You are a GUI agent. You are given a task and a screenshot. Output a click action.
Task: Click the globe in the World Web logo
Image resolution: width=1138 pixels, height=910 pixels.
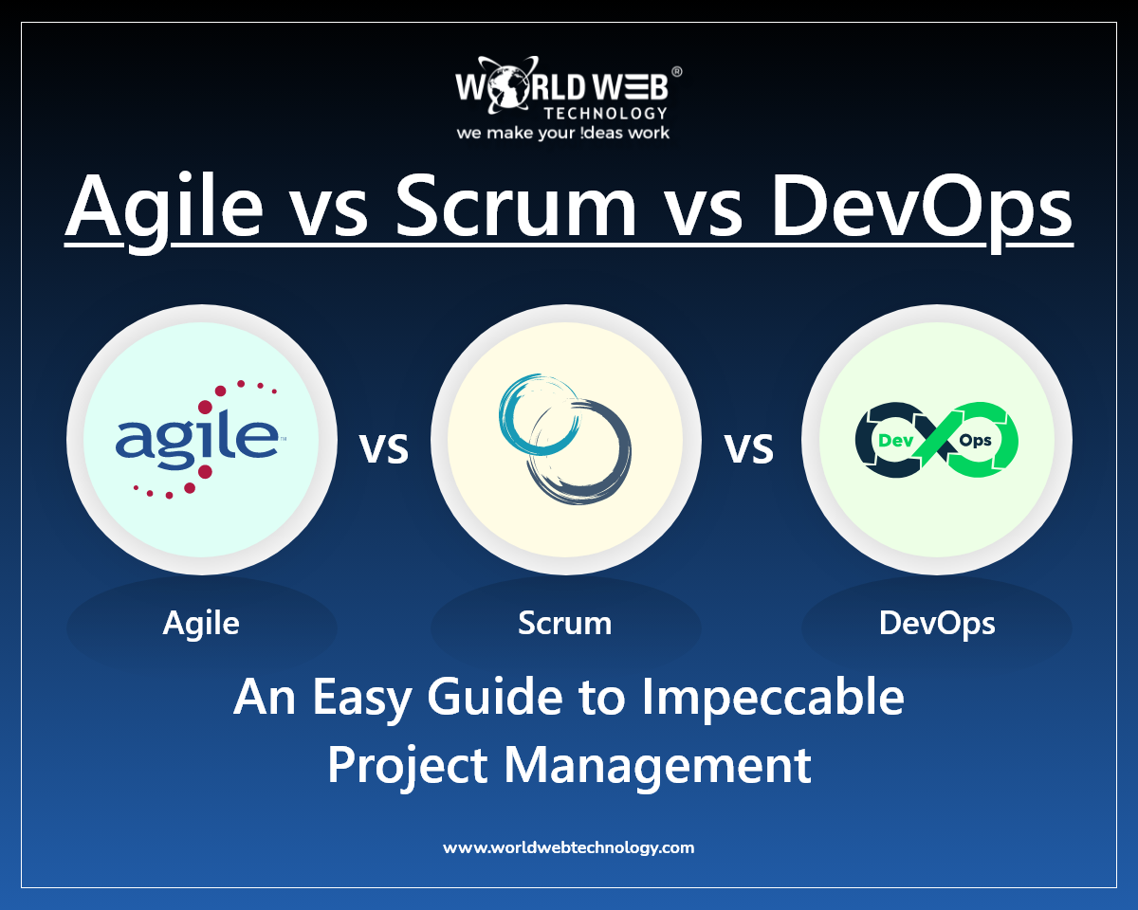pyautogui.click(x=506, y=86)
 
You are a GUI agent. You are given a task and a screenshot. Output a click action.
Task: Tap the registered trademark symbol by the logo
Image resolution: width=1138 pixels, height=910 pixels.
pyautogui.click(x=676, y=72)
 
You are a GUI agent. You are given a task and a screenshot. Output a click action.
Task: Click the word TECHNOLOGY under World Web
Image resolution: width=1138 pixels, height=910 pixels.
pyautogui.click(x=605, y=113)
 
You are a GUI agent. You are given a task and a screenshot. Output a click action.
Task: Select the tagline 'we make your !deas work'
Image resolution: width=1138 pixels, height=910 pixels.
pyautogui.click(x=563, y=132)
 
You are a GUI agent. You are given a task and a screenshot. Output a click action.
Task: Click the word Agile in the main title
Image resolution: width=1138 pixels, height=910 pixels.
pyautogui.click(x=164, y=209)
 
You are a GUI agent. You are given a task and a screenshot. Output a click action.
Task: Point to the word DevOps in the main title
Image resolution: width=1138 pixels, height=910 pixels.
pyautogui.click(x=922, y=209)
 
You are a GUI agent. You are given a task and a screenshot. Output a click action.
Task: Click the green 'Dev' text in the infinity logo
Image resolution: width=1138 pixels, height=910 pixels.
pyautogui.click(x=896, y=440)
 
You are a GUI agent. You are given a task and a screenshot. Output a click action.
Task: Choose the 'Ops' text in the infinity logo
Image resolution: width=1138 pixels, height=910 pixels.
pyautogui.click(x=975, y=441)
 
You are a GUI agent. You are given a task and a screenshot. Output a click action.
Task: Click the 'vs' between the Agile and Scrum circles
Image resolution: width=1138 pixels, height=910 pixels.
pyautogui.click(x=384, y=448)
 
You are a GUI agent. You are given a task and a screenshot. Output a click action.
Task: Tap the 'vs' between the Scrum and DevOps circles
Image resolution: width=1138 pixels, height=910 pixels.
pyautogui.click(x=749, y=448)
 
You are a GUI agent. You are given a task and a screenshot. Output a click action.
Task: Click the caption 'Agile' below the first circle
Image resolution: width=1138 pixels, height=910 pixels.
pyautogui.click(x=201, y=624)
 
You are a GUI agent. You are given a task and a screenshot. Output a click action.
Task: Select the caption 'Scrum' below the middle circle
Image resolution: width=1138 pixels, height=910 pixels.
pyautogui.click(x=565, y=623)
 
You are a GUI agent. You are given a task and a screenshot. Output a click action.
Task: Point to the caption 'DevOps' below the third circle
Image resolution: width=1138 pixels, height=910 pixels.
pyautogui.click(x=937, y=624)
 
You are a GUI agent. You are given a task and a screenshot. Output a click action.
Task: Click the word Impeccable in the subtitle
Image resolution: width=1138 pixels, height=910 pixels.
pyautogui.click(x=772, y=698)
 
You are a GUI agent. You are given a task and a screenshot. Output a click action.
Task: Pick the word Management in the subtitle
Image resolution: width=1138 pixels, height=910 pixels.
pyautogui.click(x=657, y=766)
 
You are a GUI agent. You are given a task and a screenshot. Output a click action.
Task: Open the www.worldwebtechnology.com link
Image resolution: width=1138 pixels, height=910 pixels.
pyautogui.click(x=568, y=847)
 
